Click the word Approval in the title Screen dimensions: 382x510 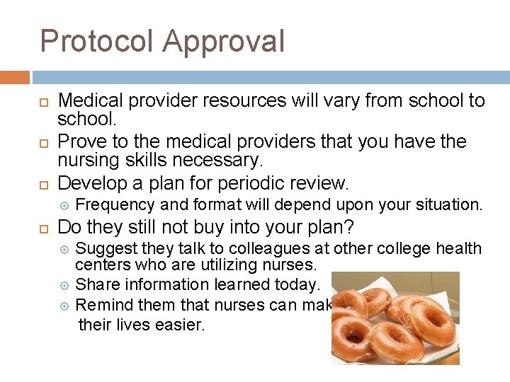pos(223,41)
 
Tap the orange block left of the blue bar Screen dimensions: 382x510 pos(15,77)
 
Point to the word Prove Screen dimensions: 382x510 pos(77,141)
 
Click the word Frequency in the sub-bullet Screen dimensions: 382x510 pos(116,205)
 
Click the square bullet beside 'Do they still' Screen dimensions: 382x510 pos(45,228)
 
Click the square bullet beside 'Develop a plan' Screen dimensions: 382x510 pos(45,184)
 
